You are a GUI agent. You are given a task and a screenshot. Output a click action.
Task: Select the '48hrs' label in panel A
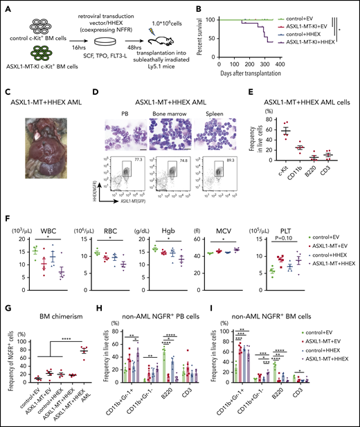[x=145, y=51]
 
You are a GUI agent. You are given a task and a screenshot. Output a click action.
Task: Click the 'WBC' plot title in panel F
[x=38, y=223]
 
